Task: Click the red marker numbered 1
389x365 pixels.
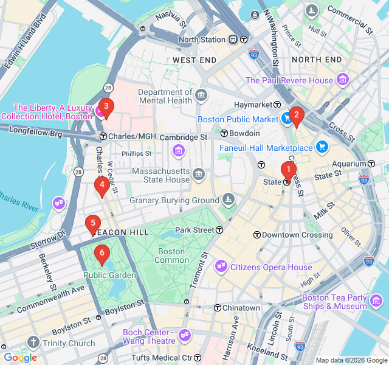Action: (x=288, y=170)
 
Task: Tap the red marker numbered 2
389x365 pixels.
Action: (x=296, y=114)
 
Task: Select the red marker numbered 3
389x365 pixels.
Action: (x=106, y=108)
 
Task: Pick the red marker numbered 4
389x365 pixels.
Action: (x=102, y=184)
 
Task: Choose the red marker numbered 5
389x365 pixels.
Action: (x=92, y=224)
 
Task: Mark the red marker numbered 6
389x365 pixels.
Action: (x=102, y=252)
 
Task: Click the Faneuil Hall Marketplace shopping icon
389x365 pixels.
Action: (x=322, y=147)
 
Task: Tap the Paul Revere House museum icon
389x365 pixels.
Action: (x=343, y=80)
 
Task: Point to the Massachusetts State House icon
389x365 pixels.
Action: (x=199, y=175)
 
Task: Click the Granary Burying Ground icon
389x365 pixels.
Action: (x=228, y=200)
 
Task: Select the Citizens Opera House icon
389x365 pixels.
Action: (x=221, y=266)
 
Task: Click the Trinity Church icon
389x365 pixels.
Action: (x=32, y=343)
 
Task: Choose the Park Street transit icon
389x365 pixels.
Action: (x=219, y=230)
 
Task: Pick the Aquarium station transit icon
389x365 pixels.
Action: (x=371, y=164)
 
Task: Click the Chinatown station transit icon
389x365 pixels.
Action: (x=217, y=308)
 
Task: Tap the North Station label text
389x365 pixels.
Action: (x=202, y=40)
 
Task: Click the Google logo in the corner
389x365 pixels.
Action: (x=20, y=358)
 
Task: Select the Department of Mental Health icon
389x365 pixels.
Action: (x=201, y=96)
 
